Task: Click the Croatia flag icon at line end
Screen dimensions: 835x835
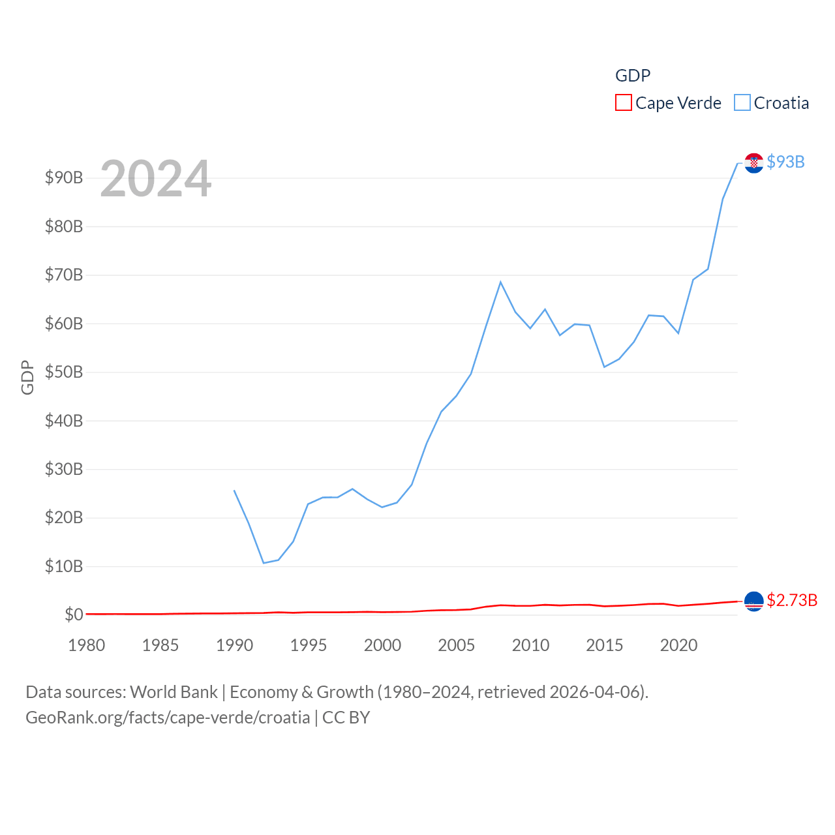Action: (753, 163)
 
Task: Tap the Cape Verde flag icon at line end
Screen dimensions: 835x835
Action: (753, 601)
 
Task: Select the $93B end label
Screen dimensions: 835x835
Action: (785, 162)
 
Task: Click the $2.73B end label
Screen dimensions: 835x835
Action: (792, 600)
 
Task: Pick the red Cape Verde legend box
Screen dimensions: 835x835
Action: (624, 103)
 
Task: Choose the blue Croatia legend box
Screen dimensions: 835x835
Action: (742, 103)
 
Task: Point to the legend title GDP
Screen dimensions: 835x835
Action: (633, 76)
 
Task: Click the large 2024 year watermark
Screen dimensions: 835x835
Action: (155, 179)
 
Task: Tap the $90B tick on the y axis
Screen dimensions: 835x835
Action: (64, 177)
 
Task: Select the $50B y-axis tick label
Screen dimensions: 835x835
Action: (64, 372)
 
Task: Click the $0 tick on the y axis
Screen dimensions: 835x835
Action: (74, 615)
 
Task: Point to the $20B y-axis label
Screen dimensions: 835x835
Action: (64, 517)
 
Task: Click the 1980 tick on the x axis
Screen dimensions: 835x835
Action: (87, 645)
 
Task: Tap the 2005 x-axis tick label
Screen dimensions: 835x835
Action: (457, 645)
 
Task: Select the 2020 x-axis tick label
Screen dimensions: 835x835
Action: (678, 645)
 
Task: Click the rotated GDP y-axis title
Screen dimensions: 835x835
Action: (27, 377)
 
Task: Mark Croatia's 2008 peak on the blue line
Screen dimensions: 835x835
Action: (500, 282)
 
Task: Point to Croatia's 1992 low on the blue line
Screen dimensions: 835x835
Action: (264, 563)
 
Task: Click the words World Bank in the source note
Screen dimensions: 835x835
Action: (174, 691)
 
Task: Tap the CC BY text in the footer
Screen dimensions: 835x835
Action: (346, 718)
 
